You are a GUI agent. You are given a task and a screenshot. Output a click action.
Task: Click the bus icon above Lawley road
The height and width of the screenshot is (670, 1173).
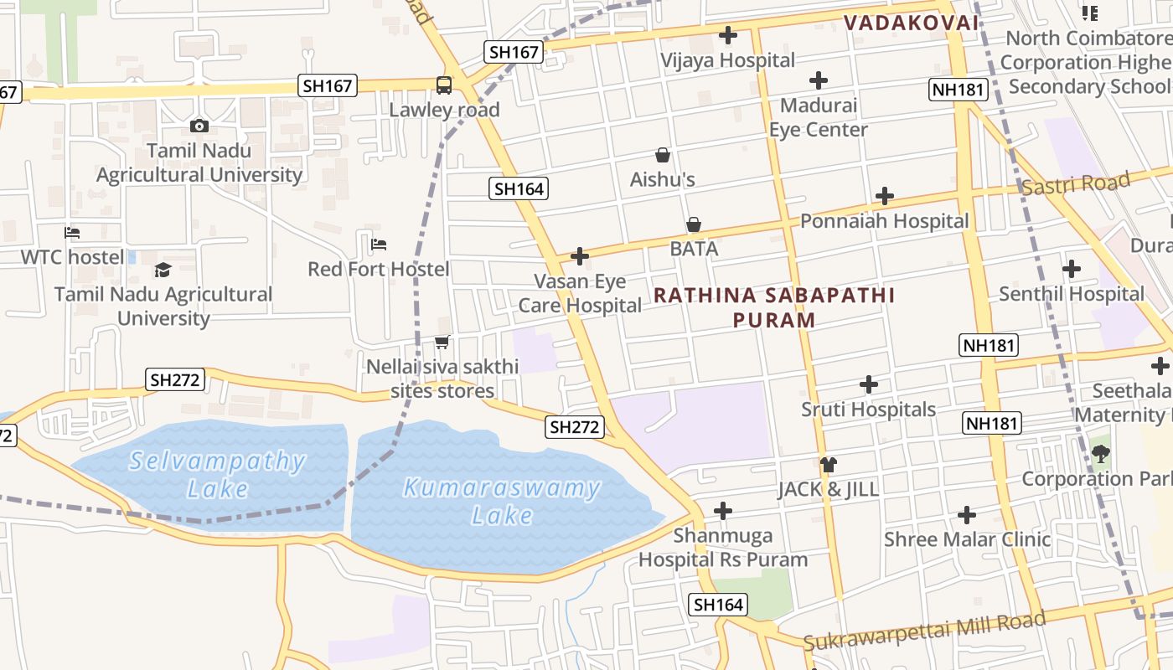pyautogui.click(x=443, y=85)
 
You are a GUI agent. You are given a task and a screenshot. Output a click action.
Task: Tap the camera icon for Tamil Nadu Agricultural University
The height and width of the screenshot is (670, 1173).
pyautogui.click(x=199, y=126)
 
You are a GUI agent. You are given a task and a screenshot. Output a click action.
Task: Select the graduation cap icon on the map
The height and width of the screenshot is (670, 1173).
pyautogui.click(x=163, y=270)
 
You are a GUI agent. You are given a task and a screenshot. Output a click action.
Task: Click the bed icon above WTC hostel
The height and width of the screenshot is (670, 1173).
pyautogui.click(x=73, y=232)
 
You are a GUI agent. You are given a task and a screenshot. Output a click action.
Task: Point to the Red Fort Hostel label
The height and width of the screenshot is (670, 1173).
pyautogui.click(x=379, y=269)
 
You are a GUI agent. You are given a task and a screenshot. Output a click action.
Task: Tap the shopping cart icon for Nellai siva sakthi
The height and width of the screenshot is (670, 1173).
pyautogui.click(x=442, y=342)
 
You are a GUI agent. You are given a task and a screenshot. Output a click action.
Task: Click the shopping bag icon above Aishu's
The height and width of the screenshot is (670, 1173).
pyautogui.click(x=663, y=155)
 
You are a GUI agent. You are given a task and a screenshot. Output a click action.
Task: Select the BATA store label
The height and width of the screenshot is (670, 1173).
pyautogui.click(x=694, y=249)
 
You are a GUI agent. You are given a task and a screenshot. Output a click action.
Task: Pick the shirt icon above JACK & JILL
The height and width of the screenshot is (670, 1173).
pyautogui.click(x=829, y=464)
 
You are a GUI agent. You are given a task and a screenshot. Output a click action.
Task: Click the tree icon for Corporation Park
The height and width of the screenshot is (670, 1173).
pyautogui.click(x=1100, y=454)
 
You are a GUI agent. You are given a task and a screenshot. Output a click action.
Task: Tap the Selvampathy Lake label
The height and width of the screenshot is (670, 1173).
pyautogui.click(x=218, y=474)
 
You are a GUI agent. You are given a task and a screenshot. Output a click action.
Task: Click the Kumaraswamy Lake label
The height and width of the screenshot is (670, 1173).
pyautogui.click(x=502, y=501)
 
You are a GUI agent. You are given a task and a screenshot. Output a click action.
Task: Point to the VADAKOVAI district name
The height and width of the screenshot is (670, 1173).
pyautogui.click(x=910, y=23)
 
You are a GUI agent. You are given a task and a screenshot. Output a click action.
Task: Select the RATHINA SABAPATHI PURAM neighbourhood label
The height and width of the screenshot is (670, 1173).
pyautogui.click(x=774, y=307)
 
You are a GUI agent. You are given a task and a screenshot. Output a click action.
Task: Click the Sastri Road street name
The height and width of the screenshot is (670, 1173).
pyautogui.click(x=1076, y=183)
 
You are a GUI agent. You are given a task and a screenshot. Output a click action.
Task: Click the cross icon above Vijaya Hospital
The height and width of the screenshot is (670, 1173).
pyautogui.click(x=728, y=35)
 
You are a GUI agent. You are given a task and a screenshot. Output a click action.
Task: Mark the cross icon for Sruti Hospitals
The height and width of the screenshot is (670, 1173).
pyautogui.click(x=869, y=384)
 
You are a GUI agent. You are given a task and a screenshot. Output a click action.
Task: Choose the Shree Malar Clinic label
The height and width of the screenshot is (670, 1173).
pyautogui.click(x=967, y=539)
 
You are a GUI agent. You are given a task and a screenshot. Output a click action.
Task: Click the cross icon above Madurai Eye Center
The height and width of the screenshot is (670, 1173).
pyautogui.click(x=819, y=80)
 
